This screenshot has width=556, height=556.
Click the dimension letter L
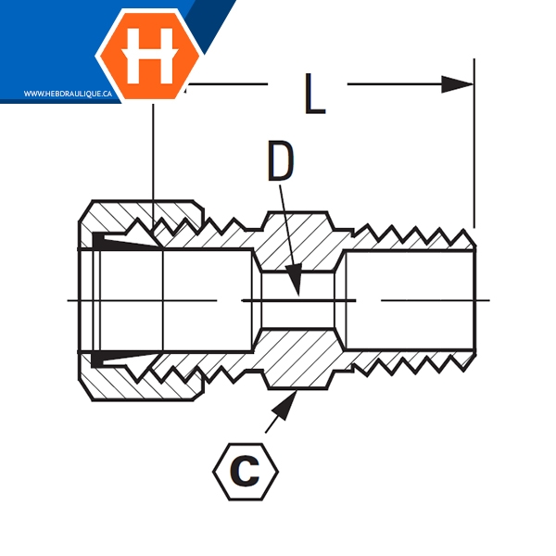(x=315, y=94)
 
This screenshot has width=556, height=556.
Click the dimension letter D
(x=281, y=160)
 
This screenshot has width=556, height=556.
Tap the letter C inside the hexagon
(x=246, y=472)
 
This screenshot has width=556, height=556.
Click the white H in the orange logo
(x=149, y=56)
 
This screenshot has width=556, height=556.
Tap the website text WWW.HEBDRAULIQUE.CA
(x=68, y=94)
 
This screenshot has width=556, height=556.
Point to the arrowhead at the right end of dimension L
(x=457, y=84)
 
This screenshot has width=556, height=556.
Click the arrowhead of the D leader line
(x=295, y=280)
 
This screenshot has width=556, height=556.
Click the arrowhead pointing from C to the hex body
(x=285, y=405)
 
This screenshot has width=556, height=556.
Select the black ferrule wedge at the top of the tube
(x=120, y=240)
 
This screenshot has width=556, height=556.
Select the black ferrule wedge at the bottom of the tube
(x=120, y=360)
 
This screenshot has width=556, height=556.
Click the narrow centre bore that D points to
(x=297, y=300)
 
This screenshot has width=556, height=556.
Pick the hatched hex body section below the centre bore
(x=297, y=359)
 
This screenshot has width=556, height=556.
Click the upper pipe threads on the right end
(x=413, y=238)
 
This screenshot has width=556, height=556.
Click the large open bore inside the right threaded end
(x=410, y=300)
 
